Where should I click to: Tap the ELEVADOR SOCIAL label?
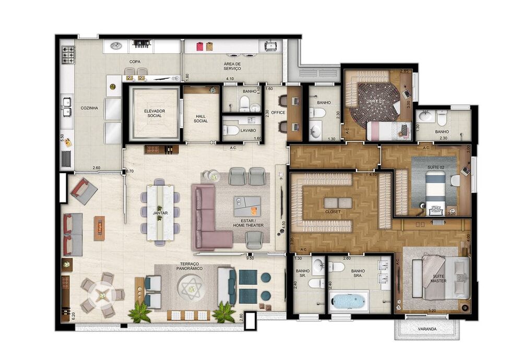coord(155,113)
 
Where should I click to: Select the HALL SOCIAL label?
coord(200,118)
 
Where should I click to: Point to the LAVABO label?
coord(248,130)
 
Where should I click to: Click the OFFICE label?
coord(278,112)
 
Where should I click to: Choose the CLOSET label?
coord(333,212)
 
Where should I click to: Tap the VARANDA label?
coord(428,329)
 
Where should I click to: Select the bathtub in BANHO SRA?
coord(348,301)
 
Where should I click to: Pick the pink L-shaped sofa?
coord(209,219)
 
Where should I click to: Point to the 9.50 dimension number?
coord(250,257)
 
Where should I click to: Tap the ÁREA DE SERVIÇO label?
coord(232,65)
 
